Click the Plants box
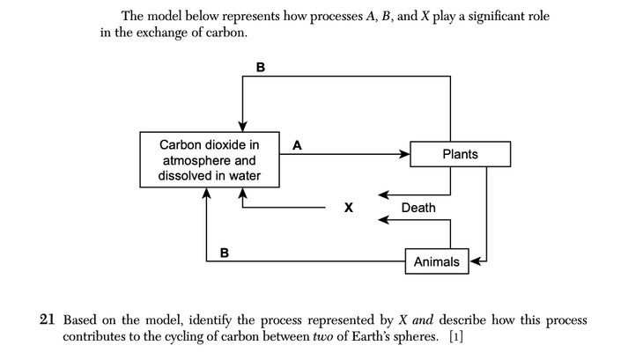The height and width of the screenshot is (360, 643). [460, 154]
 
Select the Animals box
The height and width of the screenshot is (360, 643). [436, 261]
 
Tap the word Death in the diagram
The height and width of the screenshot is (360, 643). [418, 208]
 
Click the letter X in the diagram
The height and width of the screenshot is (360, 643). [349, 209]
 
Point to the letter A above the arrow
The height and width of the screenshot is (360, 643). [296, 145]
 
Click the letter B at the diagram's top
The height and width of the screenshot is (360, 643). [260, 66]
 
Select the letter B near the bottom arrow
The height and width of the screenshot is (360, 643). [225, 253]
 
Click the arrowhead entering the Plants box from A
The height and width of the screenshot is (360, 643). [404, 154]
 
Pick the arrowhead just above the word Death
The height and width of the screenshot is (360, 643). [384, 194]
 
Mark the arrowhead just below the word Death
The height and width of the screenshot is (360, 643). [384, 220]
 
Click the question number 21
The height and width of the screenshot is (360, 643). [49, 320]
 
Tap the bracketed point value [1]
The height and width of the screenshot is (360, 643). [456, 337]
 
